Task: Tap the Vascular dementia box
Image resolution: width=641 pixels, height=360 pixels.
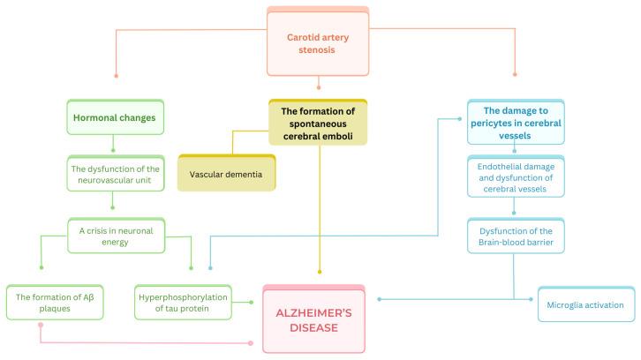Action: pos(226,174)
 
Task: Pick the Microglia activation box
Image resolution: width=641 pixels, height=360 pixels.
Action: pos(586,305)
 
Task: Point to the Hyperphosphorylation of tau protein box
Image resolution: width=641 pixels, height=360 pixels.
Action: pos(184,305)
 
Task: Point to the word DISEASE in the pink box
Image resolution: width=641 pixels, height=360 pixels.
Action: pos(314,327)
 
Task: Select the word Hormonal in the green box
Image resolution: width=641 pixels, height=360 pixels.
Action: pos(94,116)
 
